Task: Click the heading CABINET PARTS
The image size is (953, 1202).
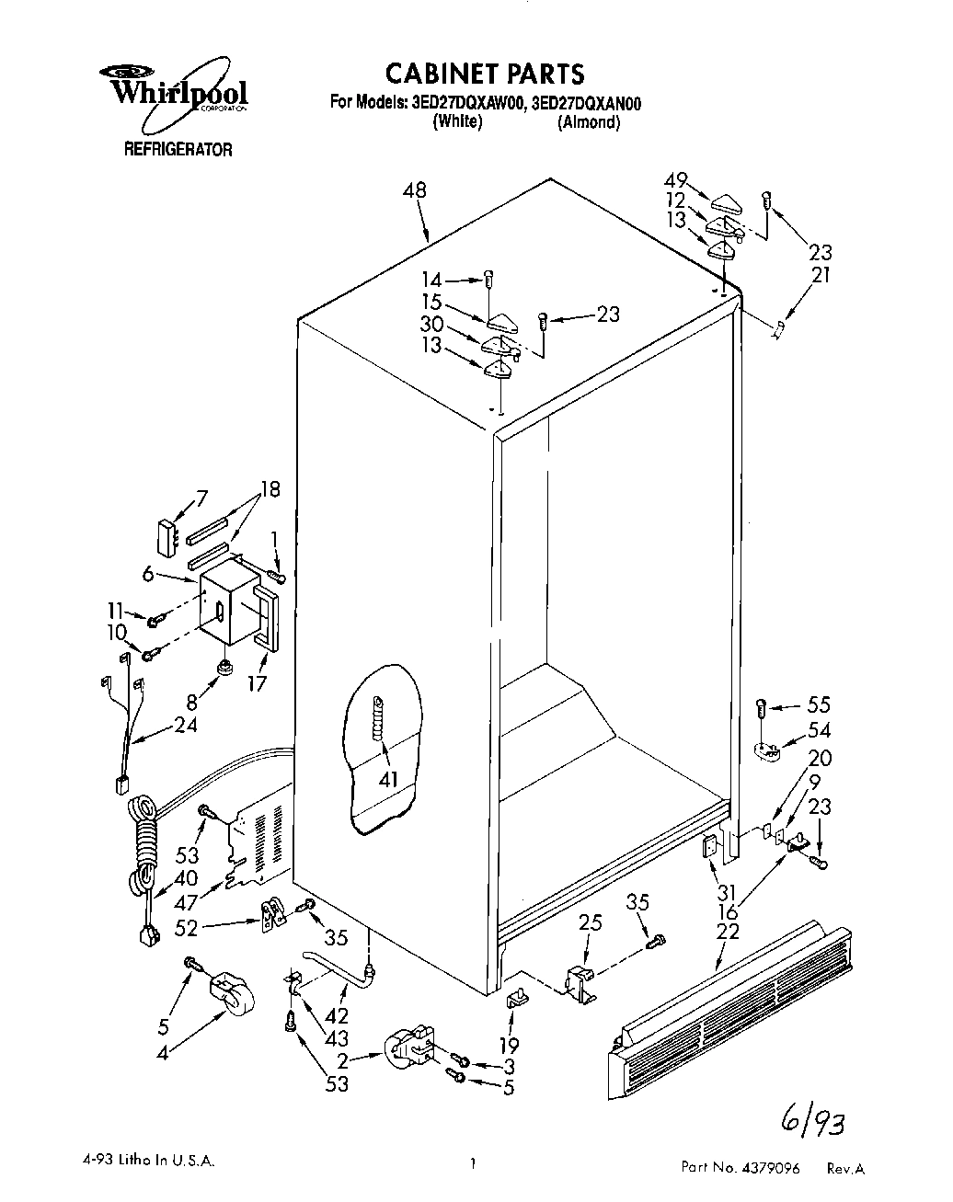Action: [484, 73]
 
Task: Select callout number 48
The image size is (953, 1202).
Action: [415, 190]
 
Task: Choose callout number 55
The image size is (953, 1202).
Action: [818, 704]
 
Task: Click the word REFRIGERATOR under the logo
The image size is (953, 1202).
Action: [178, 150]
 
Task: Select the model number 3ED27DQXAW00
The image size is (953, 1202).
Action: [464, 103]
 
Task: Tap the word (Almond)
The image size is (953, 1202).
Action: [589, 122]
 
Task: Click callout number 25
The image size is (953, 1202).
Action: [591, 922]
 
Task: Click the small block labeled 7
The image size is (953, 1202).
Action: [166, 539]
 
